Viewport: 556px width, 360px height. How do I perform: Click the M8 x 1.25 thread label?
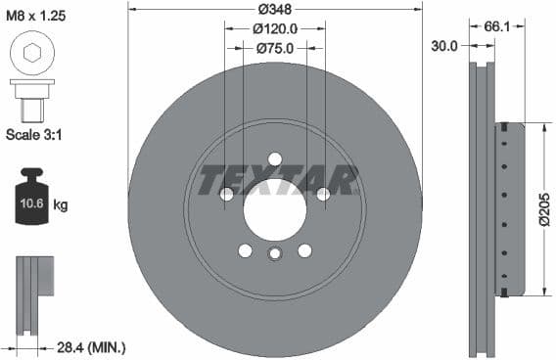37,15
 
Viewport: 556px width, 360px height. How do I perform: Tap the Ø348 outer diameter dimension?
275,9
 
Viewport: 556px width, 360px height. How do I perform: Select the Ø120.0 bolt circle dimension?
275,28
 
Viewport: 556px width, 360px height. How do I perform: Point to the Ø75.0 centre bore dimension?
275,48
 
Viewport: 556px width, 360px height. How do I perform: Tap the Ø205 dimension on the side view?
544,208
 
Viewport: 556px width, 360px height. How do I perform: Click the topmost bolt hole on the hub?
275,159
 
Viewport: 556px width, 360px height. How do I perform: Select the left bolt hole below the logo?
227,195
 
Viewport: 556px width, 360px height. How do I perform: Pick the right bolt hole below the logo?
323,195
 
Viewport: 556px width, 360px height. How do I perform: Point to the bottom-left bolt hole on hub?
245,250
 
